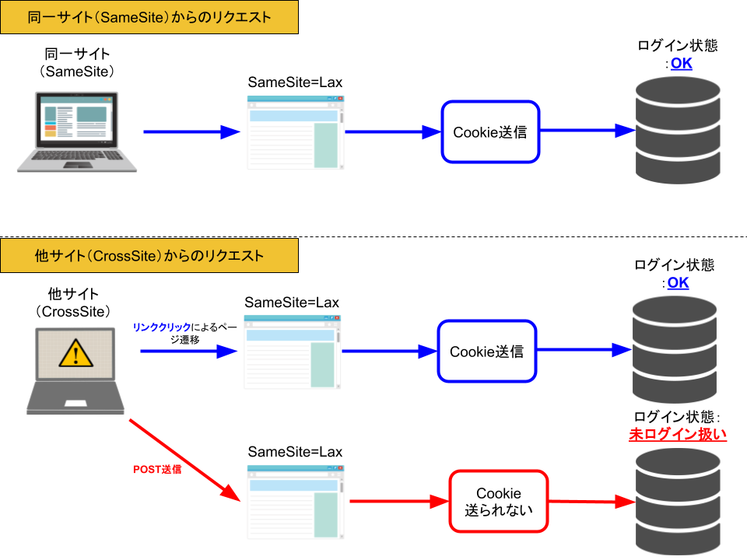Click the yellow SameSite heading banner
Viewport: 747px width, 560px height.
tap(149, 17)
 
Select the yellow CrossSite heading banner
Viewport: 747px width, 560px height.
tap(149, 256)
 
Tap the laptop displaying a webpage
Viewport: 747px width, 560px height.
tap(77, 131)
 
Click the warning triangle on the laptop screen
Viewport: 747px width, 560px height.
tap(75, 353)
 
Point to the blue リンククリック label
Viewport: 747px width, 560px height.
tap(162, 327)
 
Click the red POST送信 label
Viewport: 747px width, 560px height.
tap(157, 469)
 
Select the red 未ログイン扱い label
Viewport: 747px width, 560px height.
tap(678, 435)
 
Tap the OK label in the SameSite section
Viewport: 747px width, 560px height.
tap(681, 64)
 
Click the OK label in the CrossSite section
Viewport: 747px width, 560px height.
tap(678, 283)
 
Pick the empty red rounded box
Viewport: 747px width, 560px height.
tap(499, 501)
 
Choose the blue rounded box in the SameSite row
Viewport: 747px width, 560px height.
tap(490, 131)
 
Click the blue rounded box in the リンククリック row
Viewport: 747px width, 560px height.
tap(487, 351)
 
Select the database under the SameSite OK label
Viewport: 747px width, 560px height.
tap(678, 130)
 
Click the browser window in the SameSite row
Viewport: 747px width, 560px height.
tap(295, 132)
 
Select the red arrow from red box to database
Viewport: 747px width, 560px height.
tap(592, 501)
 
